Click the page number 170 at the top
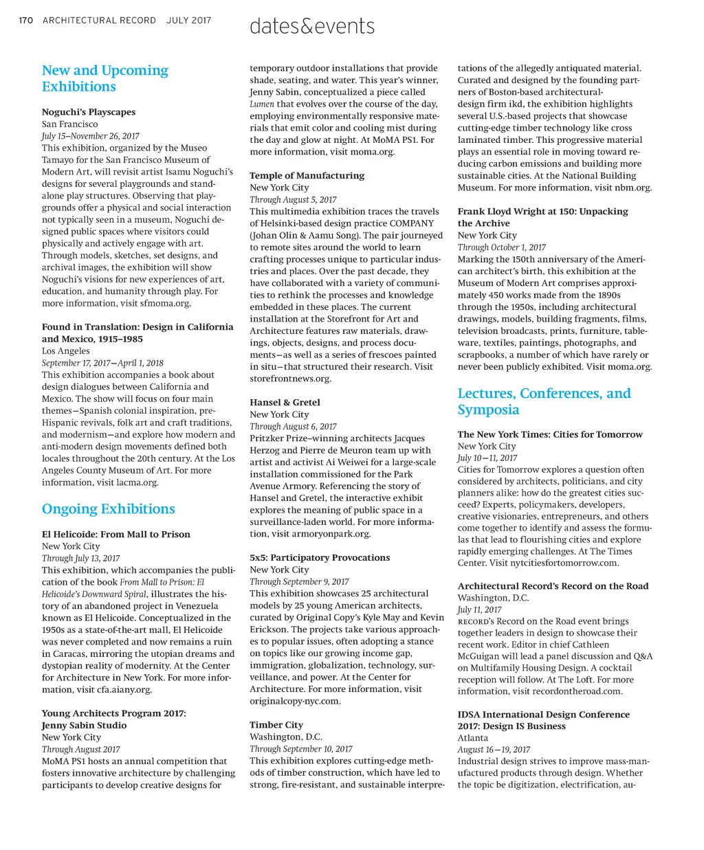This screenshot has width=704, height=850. [25, 21]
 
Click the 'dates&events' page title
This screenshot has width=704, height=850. [312, 26]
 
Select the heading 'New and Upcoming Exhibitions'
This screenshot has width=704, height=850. [104, 78]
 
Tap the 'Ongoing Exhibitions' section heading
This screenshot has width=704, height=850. [108, 509]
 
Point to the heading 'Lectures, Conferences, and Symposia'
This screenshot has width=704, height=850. [544, 401]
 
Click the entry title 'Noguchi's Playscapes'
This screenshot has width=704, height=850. [89, 112]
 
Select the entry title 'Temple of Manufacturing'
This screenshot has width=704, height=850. [307, 176]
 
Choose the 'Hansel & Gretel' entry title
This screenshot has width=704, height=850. [285, 403]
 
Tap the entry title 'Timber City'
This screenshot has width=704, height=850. [276, 725]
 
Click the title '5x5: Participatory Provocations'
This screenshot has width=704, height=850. [320, 558]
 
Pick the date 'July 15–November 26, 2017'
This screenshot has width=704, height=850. [90, 136]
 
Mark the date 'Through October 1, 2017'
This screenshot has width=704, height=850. [502, 247]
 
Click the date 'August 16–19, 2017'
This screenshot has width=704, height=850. [494, 750]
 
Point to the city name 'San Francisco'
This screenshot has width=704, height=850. [69, 124]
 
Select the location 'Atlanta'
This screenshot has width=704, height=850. [473, 738]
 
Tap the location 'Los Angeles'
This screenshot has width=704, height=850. [66, 351]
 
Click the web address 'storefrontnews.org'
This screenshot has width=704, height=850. [290, 379]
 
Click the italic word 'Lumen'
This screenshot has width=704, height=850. [262, 104]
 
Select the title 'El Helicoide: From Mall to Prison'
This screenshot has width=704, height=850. [116, 535]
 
